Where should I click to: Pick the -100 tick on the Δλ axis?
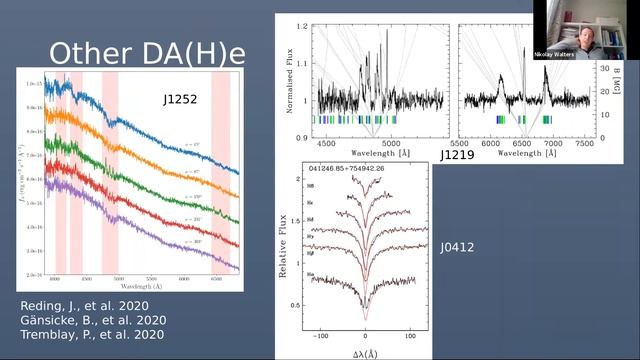point(317,339)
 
